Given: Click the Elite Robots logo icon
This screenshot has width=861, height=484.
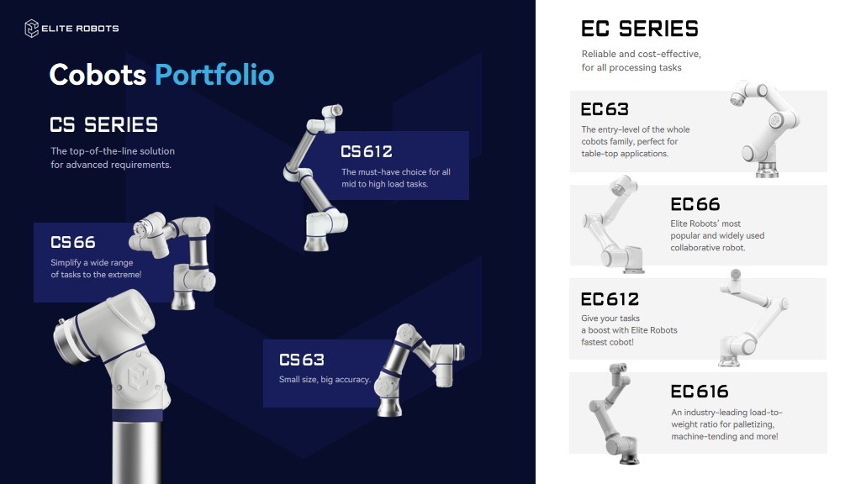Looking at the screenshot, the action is (31, 29).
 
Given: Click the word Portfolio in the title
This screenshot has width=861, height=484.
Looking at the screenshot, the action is (214, 75).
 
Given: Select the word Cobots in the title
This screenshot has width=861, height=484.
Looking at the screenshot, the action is (98, 75).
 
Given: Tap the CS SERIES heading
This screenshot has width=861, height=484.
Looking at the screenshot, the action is (103, 124).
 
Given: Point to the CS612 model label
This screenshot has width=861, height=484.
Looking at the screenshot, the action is (367, 151).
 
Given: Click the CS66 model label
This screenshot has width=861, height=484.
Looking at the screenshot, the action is (73, 242).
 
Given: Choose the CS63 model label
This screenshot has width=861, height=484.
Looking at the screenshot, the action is (302, 360).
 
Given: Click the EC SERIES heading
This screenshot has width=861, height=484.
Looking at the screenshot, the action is (640, 29).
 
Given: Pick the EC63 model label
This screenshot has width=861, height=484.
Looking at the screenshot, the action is (605, 109).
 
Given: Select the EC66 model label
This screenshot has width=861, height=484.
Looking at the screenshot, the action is (695, 204).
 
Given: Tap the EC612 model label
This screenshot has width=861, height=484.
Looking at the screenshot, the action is (610, 299).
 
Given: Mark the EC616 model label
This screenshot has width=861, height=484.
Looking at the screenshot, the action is (700, 392).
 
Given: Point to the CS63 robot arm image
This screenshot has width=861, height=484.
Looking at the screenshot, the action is (419, 370).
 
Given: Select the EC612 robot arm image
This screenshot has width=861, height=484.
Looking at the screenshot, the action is (753, 318).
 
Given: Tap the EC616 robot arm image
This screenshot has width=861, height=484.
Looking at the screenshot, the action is (615, 414).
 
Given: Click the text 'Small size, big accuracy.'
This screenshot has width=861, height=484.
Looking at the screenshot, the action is (325, 379).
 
